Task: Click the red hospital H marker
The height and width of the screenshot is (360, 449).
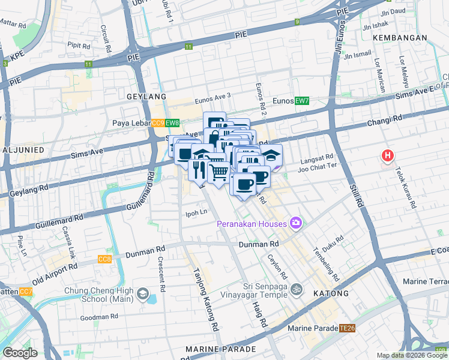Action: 388,157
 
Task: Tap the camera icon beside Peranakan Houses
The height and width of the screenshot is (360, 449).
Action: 295,224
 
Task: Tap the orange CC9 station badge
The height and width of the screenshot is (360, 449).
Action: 157,124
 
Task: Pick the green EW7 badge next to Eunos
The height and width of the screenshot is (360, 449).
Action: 301,101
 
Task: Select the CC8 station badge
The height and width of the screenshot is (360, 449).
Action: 104,259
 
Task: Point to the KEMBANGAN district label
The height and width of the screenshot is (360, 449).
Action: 399,37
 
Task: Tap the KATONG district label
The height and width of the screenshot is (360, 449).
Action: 330,293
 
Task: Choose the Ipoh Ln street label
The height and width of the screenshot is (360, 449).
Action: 195,212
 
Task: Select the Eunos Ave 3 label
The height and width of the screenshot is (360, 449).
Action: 211,95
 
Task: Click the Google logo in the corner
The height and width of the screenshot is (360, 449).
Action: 20,353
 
